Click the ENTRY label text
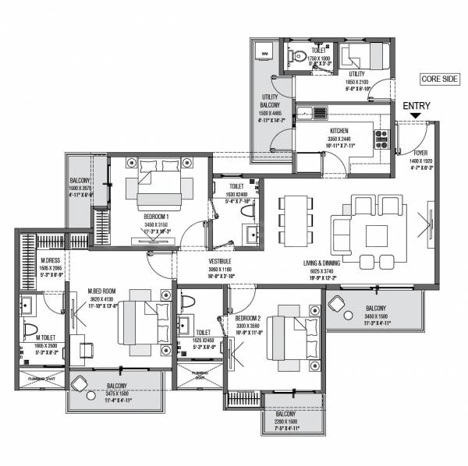pyautogui.click(x=414, y=106)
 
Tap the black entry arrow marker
pyautogui.click(x=414, y=118)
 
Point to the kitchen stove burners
pyautogui.click(x=382, y=139)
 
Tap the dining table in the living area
pyautogui.click(x=294, y=220)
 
